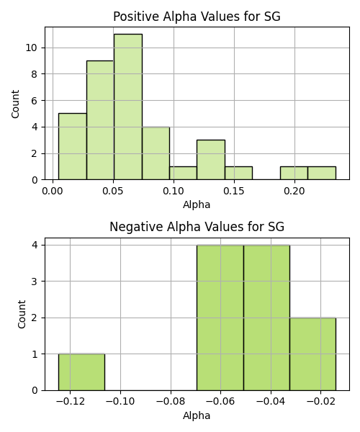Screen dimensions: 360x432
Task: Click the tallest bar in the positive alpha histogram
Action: (128, 107)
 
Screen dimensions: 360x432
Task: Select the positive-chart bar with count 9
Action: (100, 120)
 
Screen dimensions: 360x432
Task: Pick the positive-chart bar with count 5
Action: (73, 147)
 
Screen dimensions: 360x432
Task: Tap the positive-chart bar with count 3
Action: (211, 160)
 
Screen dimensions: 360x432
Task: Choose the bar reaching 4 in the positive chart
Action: (156, 153)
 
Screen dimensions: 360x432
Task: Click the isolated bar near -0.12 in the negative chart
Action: (81, 372)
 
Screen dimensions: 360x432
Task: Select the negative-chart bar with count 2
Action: (312, 354)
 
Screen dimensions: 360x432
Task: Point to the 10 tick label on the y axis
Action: (31, 48)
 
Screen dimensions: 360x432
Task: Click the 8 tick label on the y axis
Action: (34, 74)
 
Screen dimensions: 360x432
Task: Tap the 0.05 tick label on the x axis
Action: (112, 191)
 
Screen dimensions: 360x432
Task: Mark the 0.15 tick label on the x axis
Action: (234, 191)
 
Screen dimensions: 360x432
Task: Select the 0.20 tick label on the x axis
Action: (294, 191)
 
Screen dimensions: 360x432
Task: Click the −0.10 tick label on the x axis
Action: (120, 401)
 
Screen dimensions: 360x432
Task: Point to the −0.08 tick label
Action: (171, 401)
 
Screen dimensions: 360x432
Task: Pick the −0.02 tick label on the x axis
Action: (320, 401)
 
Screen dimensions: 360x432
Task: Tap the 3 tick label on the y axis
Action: (35, 282)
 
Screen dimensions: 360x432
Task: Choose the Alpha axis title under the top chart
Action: (197, 204)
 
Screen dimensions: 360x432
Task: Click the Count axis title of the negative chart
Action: (22, 314)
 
